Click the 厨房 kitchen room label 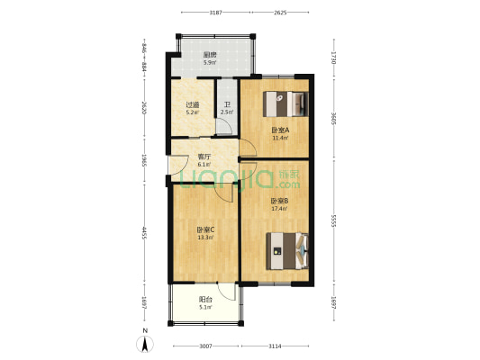(209, 54)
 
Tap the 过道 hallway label (192, 104)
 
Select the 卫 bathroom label (227, 104)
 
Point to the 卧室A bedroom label (279, 130)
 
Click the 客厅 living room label (204, 157)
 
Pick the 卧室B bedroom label (279, 201)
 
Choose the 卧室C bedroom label (205, 229)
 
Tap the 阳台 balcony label (205, 300)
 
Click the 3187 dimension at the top (216, 13)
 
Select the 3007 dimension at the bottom (206, 346)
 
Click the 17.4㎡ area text (279, 209)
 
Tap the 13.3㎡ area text (205, 238)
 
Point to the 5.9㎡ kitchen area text (209, 62)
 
